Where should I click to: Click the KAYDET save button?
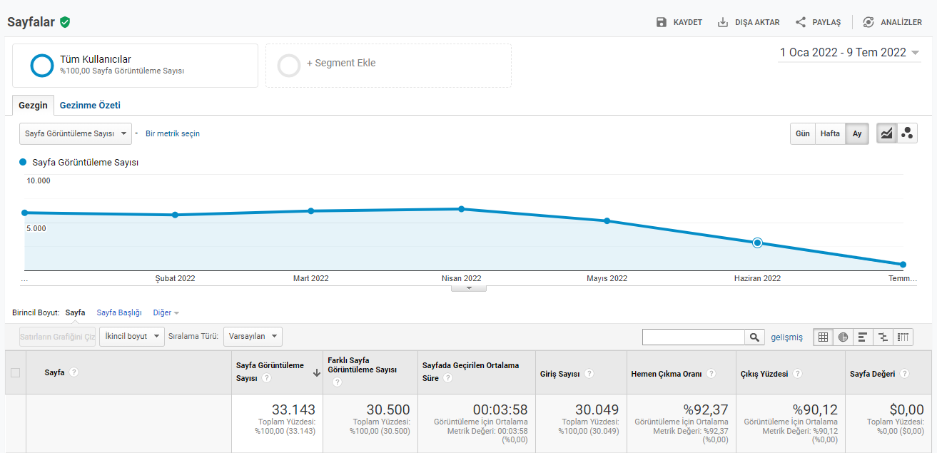coord(679,22)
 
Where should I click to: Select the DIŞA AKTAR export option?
coord(749,22)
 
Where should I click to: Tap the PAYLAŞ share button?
coord(819,22)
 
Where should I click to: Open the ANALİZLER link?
coord(893,22)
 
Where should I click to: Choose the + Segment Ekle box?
coord(388,66)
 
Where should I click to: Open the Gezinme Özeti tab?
coord(90,106)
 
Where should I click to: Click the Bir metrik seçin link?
coord(172,133)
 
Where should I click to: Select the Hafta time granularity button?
coord(830,133)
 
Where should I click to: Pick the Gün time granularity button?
coord(802,133)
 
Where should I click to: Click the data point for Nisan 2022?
coord(462,209)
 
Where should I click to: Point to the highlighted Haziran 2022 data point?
coord(757,243)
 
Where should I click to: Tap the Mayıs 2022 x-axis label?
coord(607,278)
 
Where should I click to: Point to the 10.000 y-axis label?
coord(38,180)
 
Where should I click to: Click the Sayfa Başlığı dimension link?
coord(118,312)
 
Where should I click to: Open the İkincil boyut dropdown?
coord(132,336)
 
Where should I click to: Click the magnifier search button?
coord(754,337)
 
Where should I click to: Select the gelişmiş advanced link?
coord(786,337)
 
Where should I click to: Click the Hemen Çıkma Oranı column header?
coord(666,374)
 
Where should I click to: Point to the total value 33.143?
coord(293,409)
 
